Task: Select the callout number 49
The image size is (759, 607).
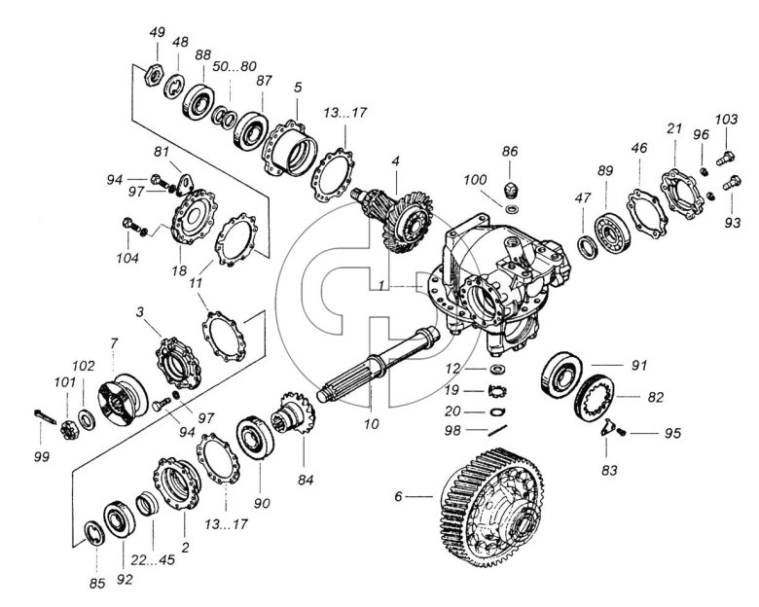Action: tap(157, 32)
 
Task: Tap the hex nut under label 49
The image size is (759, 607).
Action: tap(153, 75)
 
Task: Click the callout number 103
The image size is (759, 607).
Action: tap(727, 119)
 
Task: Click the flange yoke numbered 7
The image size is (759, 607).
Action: tap(123, 399)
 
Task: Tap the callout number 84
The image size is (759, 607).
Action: tap(306, 480)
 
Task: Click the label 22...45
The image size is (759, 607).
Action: tap(153, 559)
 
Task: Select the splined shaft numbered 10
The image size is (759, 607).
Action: tap(379, 363)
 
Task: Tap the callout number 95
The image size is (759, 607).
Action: tap(672, 433)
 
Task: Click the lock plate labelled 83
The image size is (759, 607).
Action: tap(608, 427)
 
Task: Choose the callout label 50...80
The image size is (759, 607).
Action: tap(235, 66)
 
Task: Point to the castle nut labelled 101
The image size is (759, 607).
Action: tap(69, 430)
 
